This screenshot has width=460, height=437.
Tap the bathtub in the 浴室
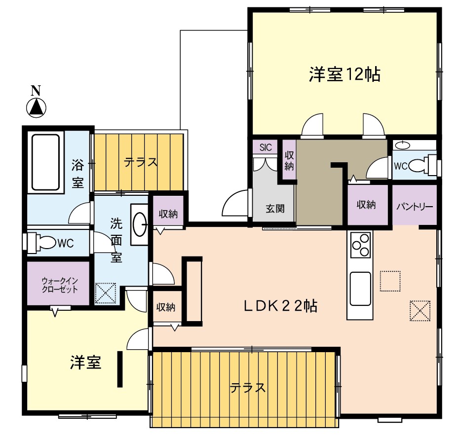[46, 162]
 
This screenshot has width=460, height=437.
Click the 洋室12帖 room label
[345, 74]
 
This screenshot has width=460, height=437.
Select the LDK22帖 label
[281, 306]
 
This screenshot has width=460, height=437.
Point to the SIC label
[266, 147]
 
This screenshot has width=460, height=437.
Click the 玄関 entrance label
[275, 209]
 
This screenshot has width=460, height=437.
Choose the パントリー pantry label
[415, 207]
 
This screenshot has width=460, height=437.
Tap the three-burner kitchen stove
[361, 245]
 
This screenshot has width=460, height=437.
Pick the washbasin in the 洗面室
[139, 224]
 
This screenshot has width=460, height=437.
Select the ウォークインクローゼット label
[60, 285]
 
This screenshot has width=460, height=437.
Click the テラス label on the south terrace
[247, 388]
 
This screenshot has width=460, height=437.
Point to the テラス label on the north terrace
[141, 162]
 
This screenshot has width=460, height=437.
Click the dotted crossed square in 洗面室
[106, 293]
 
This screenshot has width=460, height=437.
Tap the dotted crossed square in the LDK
[420, 311]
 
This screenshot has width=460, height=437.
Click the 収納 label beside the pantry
[366, 205]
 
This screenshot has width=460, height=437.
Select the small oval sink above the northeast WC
[403, 145]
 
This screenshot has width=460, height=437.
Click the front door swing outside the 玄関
[235, 203]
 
